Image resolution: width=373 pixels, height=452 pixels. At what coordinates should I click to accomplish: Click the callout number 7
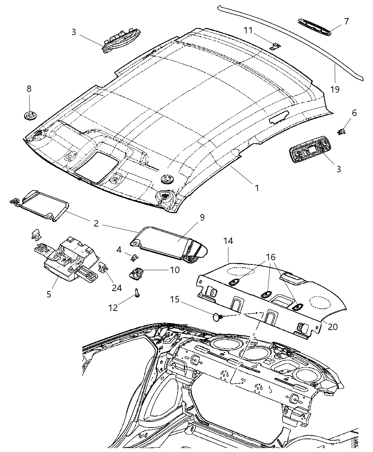346,21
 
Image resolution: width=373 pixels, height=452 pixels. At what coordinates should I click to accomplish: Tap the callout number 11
248,30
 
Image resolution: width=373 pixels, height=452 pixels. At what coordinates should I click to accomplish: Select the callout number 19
335,89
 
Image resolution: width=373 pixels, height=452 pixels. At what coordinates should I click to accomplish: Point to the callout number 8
29,89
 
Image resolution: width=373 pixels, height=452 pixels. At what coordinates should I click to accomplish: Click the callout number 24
117,288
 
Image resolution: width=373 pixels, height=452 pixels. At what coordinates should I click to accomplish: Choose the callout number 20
333,327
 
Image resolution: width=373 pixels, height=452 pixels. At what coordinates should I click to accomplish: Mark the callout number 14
228,241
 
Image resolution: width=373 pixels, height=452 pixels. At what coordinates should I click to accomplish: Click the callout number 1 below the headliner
256,188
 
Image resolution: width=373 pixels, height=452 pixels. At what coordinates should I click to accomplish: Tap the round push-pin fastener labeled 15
217,317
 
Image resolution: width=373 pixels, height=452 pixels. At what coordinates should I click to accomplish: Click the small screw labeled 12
137,293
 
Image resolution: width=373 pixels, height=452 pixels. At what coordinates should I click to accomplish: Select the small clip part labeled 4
134,257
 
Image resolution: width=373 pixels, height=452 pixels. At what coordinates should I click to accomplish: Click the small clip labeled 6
341,132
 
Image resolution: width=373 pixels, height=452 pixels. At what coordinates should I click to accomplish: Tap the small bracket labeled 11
275,46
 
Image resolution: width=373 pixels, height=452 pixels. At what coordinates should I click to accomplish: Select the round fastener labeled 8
29,115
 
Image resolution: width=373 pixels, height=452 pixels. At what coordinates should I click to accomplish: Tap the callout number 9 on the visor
202,217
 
